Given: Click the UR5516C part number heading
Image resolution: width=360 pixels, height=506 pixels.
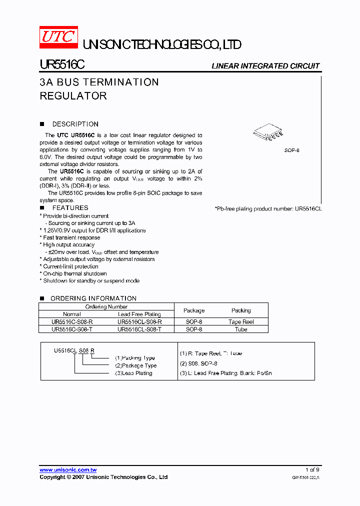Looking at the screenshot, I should (x=62, y=65).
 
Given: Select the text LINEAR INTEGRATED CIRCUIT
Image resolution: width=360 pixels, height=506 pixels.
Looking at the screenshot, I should (x=265, y=66).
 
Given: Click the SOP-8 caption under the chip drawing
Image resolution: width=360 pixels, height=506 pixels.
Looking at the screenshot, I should (x=291, y=150).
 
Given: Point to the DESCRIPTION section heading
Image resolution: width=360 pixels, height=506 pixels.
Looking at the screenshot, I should (x=75, y=124).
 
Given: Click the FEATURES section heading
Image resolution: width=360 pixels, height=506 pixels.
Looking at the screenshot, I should (x=70, y=207).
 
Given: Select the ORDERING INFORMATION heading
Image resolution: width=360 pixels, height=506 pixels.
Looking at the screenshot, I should (x=93, y=298).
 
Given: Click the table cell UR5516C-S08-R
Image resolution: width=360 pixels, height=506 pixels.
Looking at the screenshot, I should (x=72, y=322).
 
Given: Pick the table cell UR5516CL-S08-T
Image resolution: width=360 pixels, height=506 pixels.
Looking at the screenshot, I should (x=139, y=329).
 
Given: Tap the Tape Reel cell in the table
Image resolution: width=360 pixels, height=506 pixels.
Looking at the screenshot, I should (x=241, y=322).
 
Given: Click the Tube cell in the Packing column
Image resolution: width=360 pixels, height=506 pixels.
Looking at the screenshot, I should (x=241, y=329).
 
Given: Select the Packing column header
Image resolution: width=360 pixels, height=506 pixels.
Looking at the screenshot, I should (x=241, y=310).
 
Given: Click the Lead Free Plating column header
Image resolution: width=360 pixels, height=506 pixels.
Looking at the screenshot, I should (x=139, y=314).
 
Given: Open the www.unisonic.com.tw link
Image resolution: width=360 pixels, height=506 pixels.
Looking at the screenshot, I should (x=68, y=470).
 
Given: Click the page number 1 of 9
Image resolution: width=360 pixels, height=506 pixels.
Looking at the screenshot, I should (x=312, y=470).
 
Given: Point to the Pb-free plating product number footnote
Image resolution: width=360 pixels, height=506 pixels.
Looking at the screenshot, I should (x=268, y=208).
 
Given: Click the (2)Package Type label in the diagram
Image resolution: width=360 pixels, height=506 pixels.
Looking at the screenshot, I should (x=135, y=365).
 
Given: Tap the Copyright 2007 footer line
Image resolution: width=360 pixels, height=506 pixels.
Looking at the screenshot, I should (x=103, y=477).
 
